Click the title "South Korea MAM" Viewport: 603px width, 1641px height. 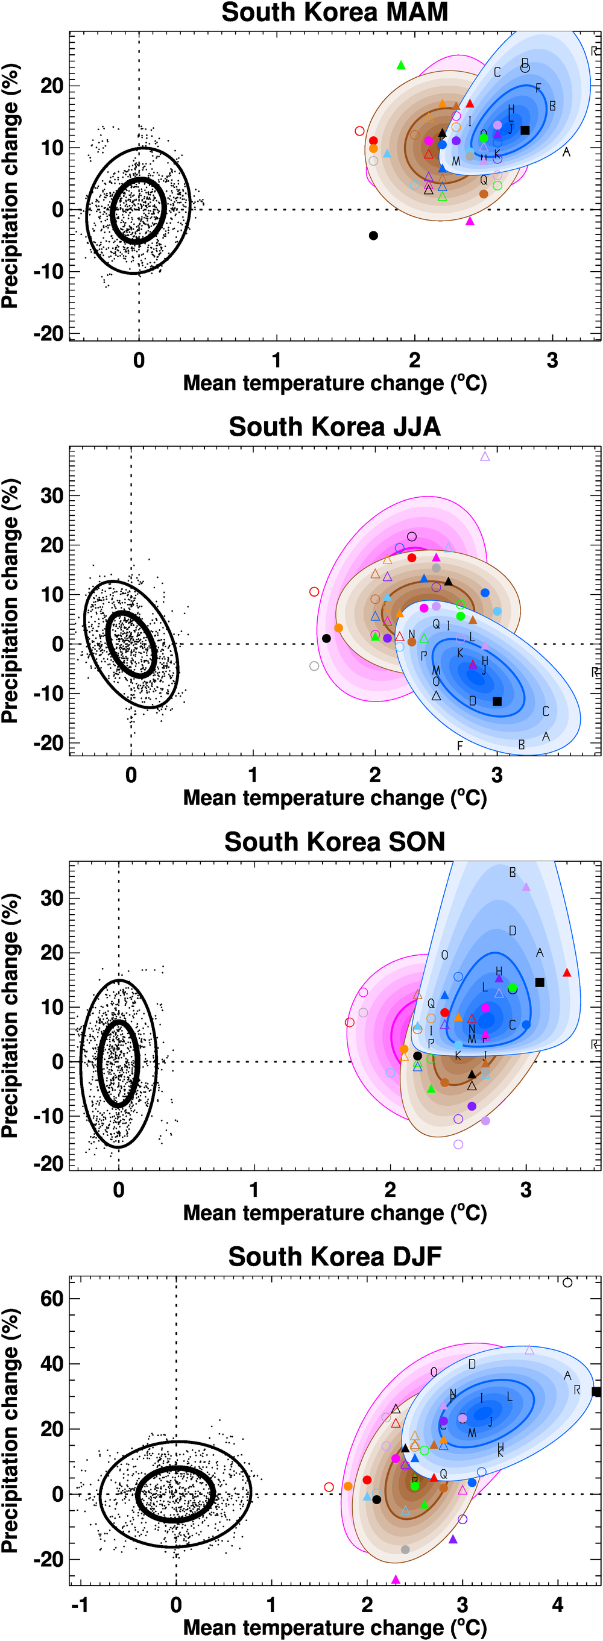tap(335, 13)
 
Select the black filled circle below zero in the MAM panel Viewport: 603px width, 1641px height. tap(373, 236)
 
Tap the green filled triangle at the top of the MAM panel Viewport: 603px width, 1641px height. tap(401, 65)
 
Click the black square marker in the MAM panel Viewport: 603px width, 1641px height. tap(525, 130)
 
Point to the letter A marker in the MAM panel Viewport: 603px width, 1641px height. tap(566, 152)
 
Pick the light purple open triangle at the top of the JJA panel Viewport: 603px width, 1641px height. tap(485, 456)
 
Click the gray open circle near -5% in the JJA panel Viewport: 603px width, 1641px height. tap(314, 666)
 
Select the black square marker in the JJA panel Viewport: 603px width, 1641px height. tap(497, 701)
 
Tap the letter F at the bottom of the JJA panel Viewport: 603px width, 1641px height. tap(460, 745)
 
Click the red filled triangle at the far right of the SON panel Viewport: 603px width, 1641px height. tap(567, 973)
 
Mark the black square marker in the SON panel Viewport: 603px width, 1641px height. tap(540, 982)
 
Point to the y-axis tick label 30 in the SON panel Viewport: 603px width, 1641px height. tap(52, 898)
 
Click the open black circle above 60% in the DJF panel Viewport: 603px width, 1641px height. tap(567, 1282)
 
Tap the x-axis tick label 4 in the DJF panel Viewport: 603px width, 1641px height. tap(558, 1605)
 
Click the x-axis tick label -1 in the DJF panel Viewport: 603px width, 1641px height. tap(80, 1605)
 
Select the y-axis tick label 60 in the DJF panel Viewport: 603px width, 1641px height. tap(52, 1299)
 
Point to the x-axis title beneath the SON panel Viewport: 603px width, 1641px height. tap(335, 1213)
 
